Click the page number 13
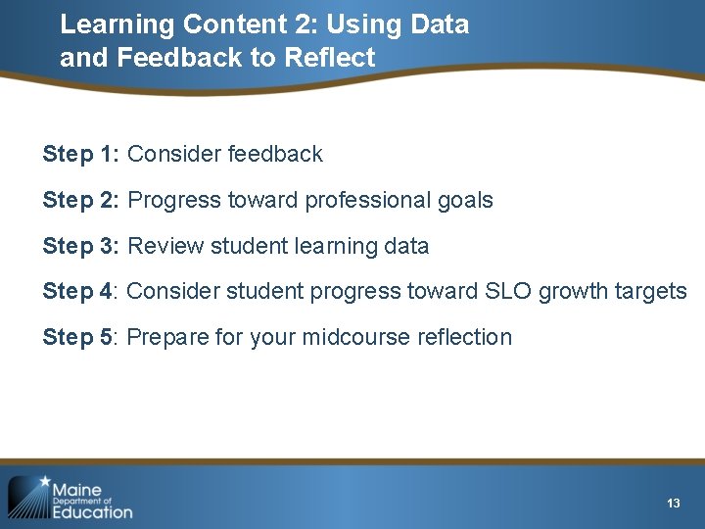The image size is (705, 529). tap(673, 503)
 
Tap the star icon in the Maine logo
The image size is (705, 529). tap(42, 482)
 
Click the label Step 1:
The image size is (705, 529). tap(81, 154)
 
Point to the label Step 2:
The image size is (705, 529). tap(81, 200)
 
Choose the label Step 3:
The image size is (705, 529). tap(81, 246)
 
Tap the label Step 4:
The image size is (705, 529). tap(81, 291)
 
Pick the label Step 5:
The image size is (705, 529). tap(81, 337)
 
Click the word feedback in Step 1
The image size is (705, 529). tap(274, 154)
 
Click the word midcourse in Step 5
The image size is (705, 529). tap(356, 337)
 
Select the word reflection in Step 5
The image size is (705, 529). tap(464, 337)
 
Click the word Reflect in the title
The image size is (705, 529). tap(329, 58)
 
